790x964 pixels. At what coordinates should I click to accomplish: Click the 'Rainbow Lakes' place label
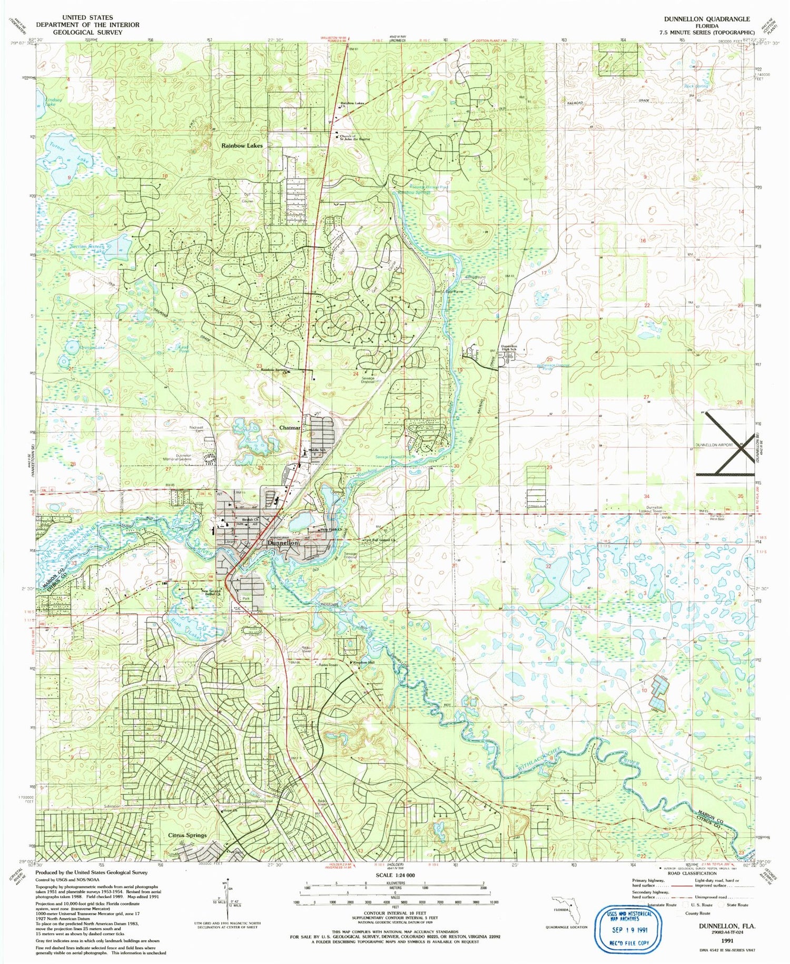[x=242, y=145]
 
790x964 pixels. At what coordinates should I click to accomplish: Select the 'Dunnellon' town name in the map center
[x=283, y=543]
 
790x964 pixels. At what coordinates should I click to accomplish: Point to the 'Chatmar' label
[x=290, y=428]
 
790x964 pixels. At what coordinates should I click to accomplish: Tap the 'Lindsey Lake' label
[x=54, y=102]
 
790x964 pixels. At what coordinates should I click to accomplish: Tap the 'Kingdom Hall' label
[x=363, y=662]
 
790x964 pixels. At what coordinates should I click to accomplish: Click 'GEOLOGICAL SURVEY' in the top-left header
[x=87, y=32]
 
